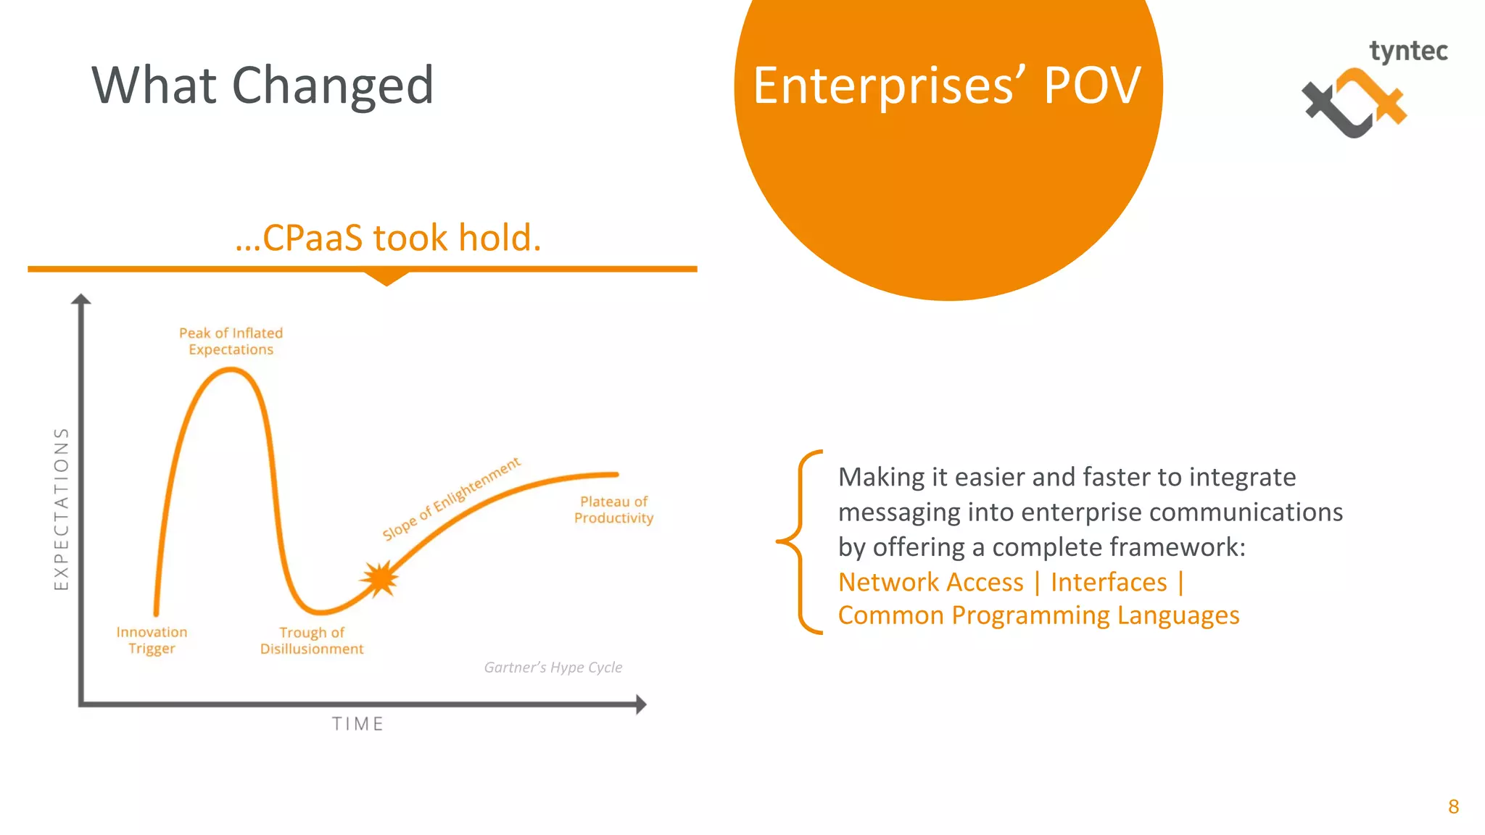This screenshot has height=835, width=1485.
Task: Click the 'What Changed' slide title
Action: (262, 86)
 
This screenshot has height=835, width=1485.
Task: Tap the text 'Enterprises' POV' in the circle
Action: (947, 86)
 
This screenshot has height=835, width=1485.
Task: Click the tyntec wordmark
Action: (1408, 51)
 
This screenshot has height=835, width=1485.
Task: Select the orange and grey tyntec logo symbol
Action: (1353, 104)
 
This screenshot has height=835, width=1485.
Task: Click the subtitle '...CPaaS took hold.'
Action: (388, 238)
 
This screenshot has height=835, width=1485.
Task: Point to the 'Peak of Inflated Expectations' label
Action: (231, 341)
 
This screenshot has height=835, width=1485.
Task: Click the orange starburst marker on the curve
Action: (379, 578)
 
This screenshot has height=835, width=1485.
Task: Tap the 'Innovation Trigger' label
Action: (152, 640)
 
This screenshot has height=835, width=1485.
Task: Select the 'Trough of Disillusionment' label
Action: (312, 640)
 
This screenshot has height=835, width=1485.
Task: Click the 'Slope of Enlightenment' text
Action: (451, 499)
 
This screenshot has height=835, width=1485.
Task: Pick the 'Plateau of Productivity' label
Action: (613, 510)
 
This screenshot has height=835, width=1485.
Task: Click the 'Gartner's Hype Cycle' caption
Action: (553, 667)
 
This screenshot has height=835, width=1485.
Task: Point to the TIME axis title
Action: (357, 723)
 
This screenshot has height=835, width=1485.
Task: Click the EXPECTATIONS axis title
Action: (62, 508)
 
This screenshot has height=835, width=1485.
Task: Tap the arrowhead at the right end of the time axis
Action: (640, 704)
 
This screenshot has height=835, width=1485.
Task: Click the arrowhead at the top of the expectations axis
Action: (81, 299)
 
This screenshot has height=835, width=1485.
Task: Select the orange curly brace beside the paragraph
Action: (801, 541)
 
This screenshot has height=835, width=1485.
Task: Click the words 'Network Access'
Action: (930, 582)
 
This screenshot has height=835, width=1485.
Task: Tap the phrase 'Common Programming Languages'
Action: (1038, 615)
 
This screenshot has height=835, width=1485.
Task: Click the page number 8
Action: (1453, 807)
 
